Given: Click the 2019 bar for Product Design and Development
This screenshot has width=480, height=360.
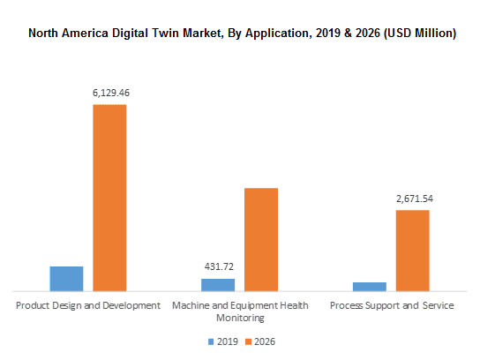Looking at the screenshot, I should (x=66, y=278).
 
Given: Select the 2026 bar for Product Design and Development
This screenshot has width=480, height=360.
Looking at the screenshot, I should (x=109, y=197).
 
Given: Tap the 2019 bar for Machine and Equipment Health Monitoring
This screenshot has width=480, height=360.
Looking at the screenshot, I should (x=218, y=284).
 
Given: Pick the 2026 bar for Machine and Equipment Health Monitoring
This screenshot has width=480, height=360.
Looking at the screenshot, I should (x=261, y=239).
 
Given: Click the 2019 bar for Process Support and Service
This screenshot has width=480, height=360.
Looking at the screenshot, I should (x=370, y=286).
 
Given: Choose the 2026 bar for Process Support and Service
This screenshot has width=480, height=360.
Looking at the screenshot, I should (x=412, y=250).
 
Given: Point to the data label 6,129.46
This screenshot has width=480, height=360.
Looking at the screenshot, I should (x=109, y=92).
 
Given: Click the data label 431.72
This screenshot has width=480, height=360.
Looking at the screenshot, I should (x=218, y=266).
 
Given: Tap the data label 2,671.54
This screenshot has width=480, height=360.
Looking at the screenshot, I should (x=413, y=199).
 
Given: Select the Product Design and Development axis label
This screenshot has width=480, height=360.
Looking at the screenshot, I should (x=88, y=305).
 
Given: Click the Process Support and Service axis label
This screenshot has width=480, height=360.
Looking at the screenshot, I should (x=392, y=305).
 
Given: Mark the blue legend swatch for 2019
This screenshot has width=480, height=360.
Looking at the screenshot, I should (x=210, y=341).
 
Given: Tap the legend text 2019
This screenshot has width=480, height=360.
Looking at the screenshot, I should (x=226, y=341).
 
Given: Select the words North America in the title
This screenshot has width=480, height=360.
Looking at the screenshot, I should (x=64, y=34).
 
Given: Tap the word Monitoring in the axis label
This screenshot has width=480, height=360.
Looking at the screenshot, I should (x=240, y=318).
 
